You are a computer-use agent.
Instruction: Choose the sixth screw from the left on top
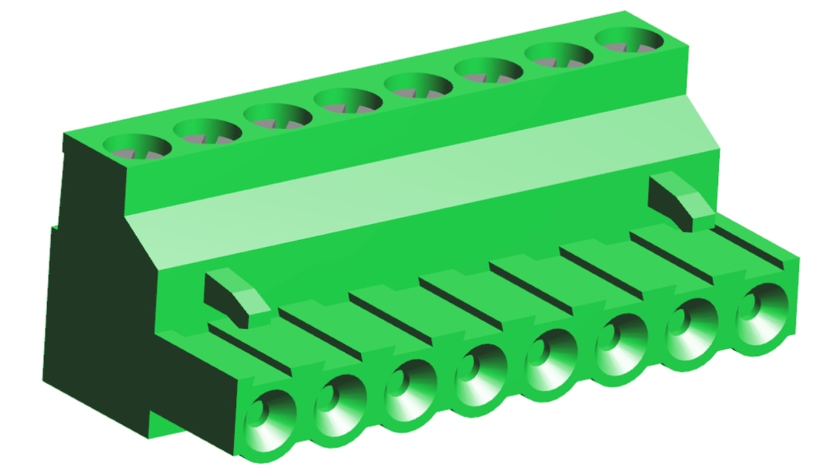[488, 71]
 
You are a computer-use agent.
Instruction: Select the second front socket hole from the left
[340, 404]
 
